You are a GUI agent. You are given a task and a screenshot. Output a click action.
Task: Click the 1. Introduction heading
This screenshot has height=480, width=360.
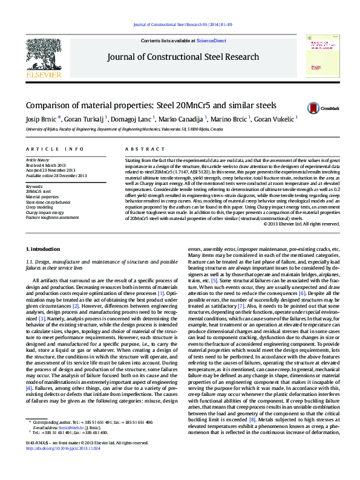tap(44, 249)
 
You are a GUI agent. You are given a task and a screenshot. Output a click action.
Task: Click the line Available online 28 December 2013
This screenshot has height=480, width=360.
tap(56, 175)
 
